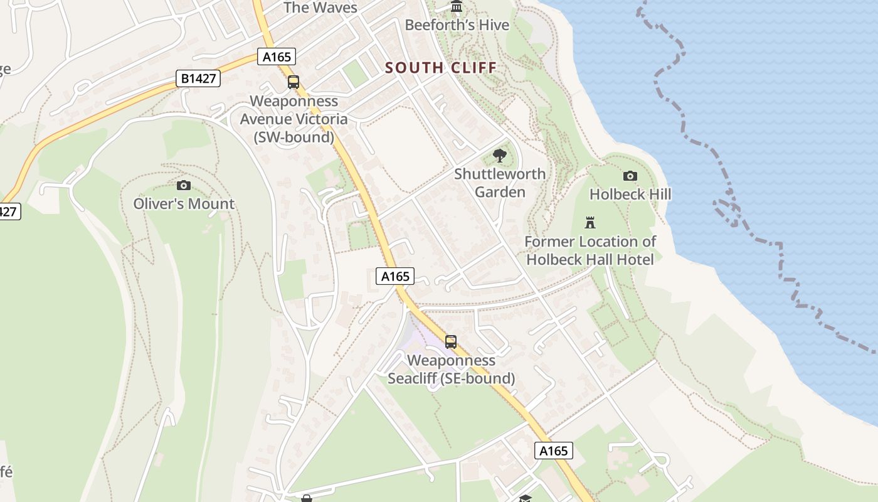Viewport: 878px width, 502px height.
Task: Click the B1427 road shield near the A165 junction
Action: coord(198,78)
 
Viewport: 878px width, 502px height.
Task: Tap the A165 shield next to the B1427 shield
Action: coord(277,56)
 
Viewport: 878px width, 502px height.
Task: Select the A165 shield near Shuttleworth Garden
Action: coord(395,276)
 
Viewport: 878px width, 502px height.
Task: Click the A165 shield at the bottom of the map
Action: coord(554,451)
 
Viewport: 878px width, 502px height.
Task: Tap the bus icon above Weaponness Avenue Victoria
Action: coord(294,82)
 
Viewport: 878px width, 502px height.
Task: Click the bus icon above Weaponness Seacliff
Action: coord(451,342)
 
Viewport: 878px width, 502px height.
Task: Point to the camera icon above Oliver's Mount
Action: coord(184,185)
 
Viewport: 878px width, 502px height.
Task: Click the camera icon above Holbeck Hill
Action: coord(630,176)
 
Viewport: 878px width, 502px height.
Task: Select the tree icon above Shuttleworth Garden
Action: coord(500,155)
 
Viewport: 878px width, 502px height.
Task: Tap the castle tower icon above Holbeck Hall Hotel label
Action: coord(590,222)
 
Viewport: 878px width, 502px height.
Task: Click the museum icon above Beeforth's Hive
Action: coord(457,7)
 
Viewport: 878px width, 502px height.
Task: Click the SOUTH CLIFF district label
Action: coord(441,68)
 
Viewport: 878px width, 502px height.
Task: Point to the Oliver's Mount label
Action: coord(184,204)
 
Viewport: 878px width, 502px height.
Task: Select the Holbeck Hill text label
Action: coord(630,195)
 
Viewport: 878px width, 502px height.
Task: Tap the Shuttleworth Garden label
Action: coord(500,183)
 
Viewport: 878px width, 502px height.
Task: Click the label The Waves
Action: coord(320,8)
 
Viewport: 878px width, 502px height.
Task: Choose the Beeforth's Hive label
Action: coord(457,25)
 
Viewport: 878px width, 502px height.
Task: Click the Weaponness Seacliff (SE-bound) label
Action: coord(451,370)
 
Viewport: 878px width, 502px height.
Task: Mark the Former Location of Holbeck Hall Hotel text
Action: coord(590,250)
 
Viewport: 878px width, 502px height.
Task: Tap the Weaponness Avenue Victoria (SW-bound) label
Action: coord(294,119)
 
